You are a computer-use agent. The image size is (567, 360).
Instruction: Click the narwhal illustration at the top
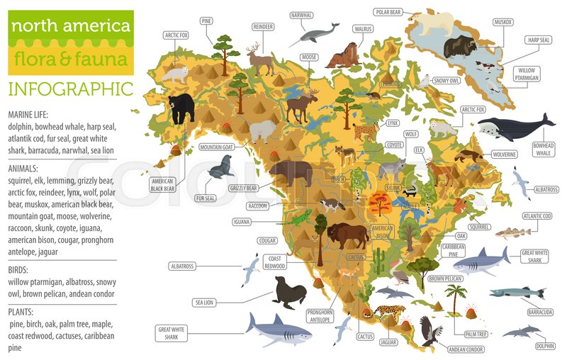[314, 32]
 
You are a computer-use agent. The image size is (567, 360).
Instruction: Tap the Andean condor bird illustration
[430, 331]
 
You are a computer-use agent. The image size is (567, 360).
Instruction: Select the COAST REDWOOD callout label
[274, 262]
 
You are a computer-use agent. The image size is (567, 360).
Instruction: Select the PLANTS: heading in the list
[23, 311]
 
